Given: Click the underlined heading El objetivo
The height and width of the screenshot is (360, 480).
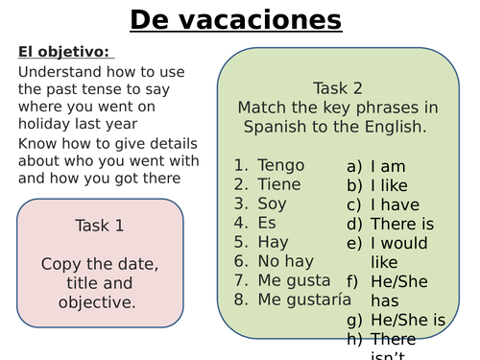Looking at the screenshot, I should pyautogui.click(x=63, y=51).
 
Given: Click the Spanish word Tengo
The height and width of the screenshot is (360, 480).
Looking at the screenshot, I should pyautogui.click(x=279, y=164).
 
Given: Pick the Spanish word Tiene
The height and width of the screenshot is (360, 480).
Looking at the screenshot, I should pyautogui.click(x=279, y=183).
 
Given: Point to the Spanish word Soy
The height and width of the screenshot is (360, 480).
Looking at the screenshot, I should pyautogui.click(x=273, y=204).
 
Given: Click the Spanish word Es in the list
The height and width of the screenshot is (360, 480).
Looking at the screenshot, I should pyautogui.click(x=267, y=223).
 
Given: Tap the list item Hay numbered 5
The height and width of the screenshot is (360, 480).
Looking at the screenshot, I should pyautogui.click(x=273, y=242).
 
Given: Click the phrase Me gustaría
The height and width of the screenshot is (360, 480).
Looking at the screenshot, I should pyautogui.click(x=301, y=300).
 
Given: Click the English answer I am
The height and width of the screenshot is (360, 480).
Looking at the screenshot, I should pyautogui.click(x=393, y=165).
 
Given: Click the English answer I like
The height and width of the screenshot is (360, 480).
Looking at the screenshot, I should pyautogui.click(x=395, y=184).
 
